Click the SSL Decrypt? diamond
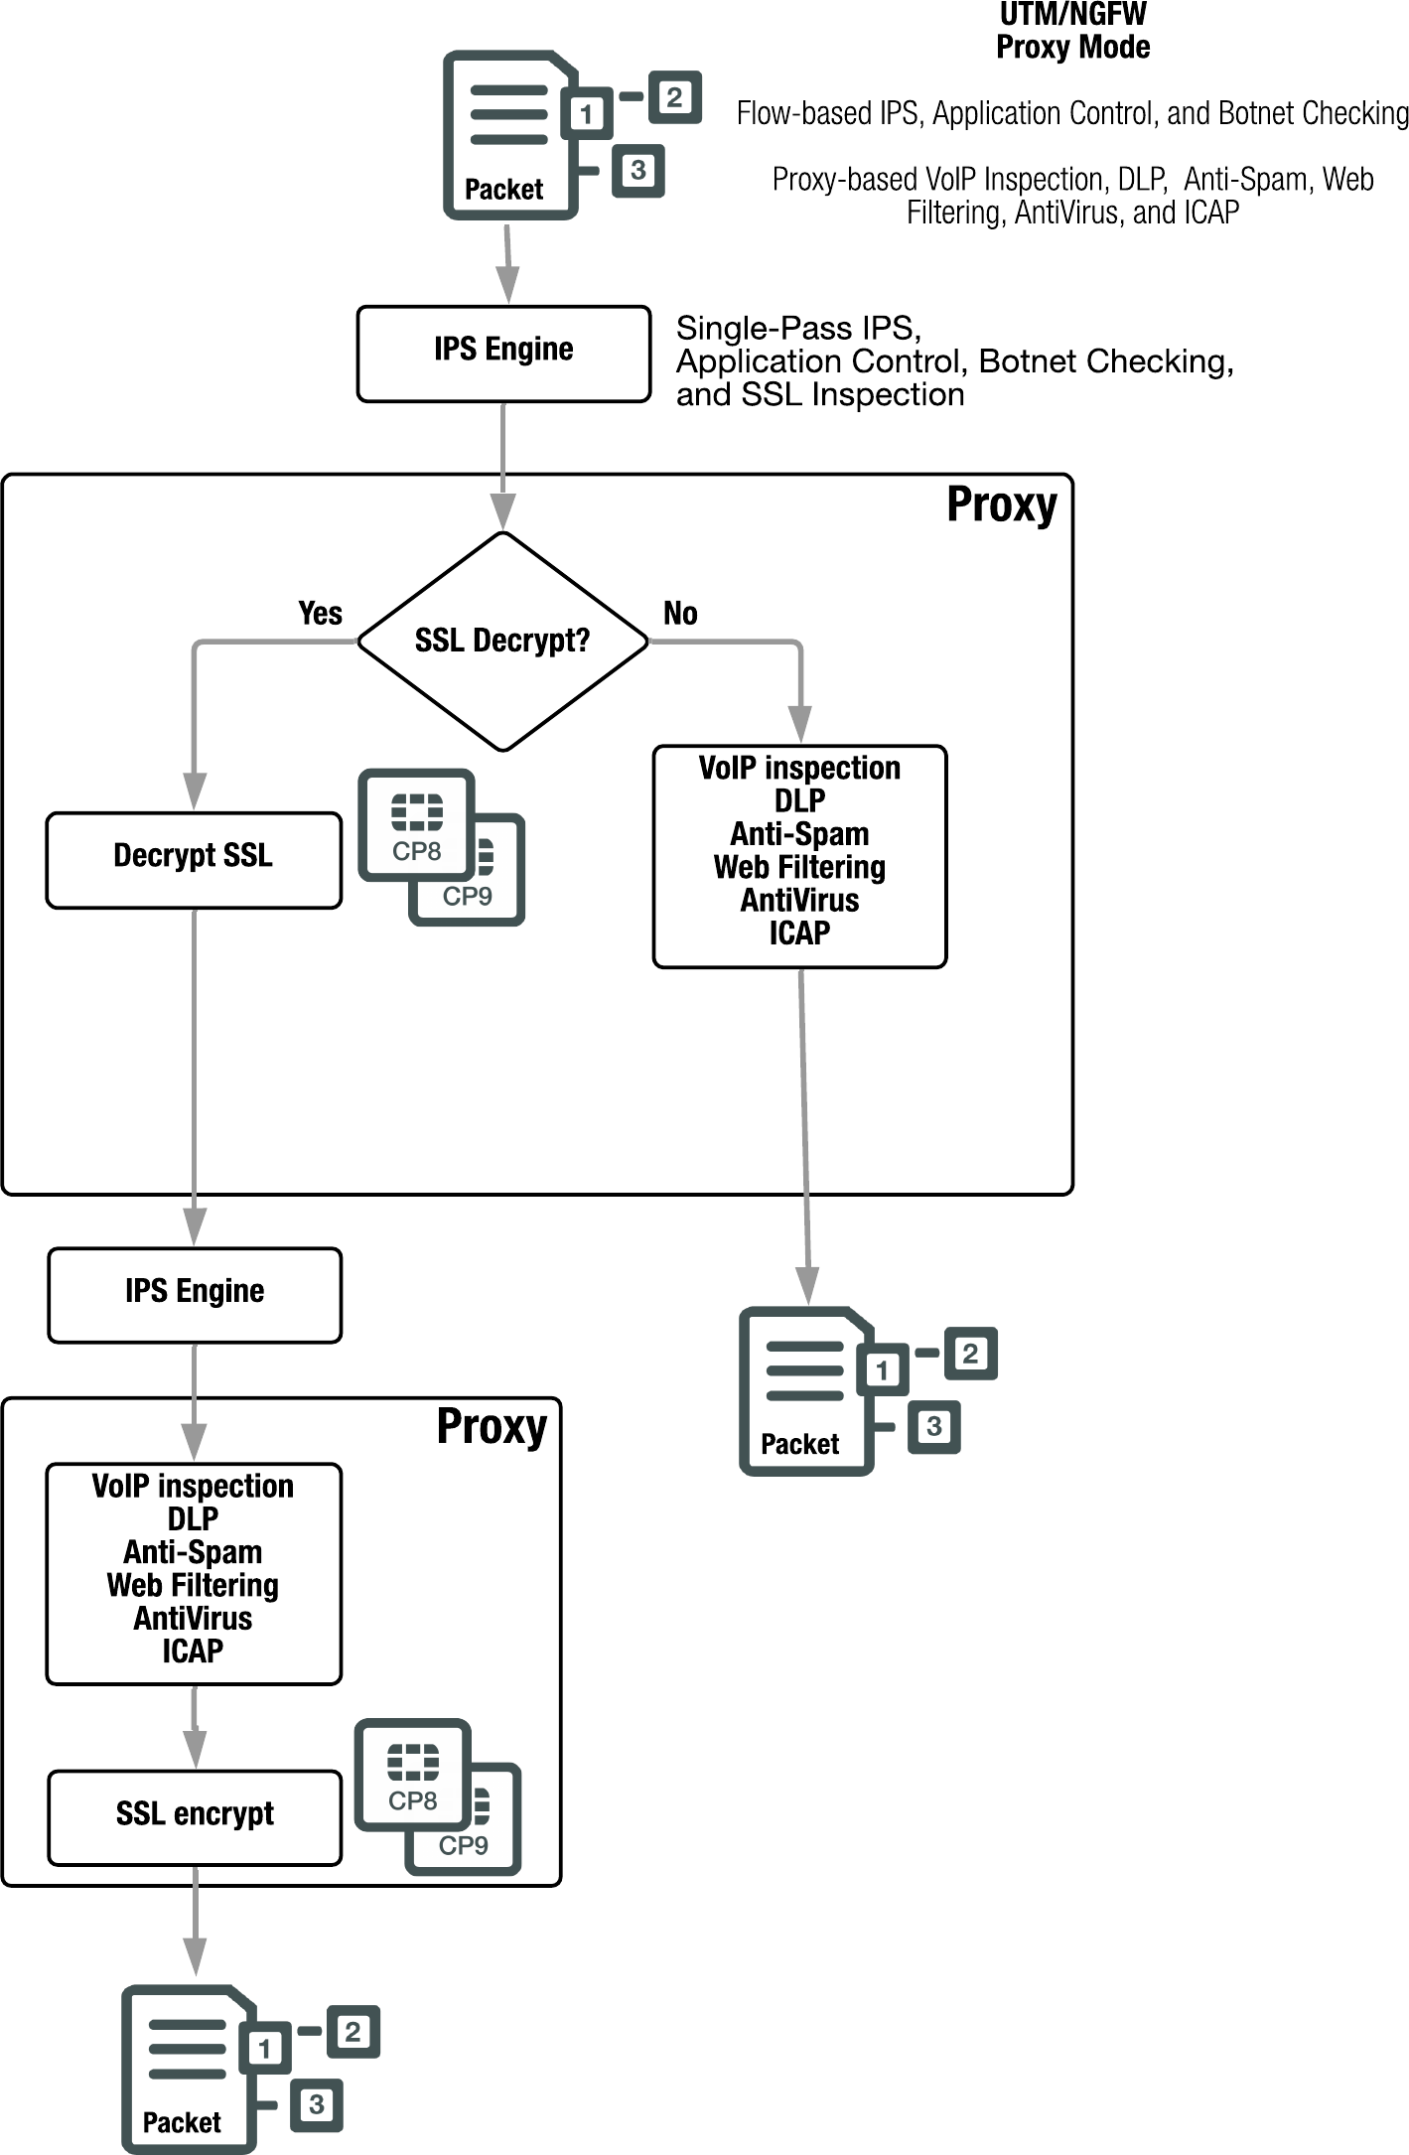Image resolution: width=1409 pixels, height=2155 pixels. [502, 641]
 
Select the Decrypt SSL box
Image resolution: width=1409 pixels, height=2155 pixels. [194, 856]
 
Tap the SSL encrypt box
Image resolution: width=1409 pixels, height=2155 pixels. [195, 1814]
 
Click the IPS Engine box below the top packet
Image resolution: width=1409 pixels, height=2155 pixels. [503, 351]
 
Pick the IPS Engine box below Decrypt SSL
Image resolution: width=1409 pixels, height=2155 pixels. [195, 1291]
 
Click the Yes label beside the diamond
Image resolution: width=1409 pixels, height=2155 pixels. [320, 614]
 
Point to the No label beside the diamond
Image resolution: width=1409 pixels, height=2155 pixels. [680, 614]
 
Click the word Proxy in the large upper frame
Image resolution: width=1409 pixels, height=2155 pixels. [1001, 505]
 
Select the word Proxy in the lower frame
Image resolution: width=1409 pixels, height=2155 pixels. [492, 1428]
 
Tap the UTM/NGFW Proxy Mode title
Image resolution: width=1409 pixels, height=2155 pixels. [1072, 32]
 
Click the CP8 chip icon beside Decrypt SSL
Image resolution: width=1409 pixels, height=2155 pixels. [416, 824]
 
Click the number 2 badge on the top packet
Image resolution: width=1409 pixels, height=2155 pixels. [675, 97]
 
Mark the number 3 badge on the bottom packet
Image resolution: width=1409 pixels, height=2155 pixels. [316, 2104]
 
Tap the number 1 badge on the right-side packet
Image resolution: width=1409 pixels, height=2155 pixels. [882, 1370]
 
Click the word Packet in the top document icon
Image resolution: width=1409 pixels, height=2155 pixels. [503, 190]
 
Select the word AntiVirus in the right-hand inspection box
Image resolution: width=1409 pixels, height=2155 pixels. [799, 901]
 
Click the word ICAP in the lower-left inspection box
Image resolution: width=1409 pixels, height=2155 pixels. [193, 1652]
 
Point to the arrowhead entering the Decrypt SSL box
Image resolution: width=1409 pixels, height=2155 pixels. [195, 791]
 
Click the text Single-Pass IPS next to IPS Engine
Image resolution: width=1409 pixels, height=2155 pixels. [798, 329]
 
